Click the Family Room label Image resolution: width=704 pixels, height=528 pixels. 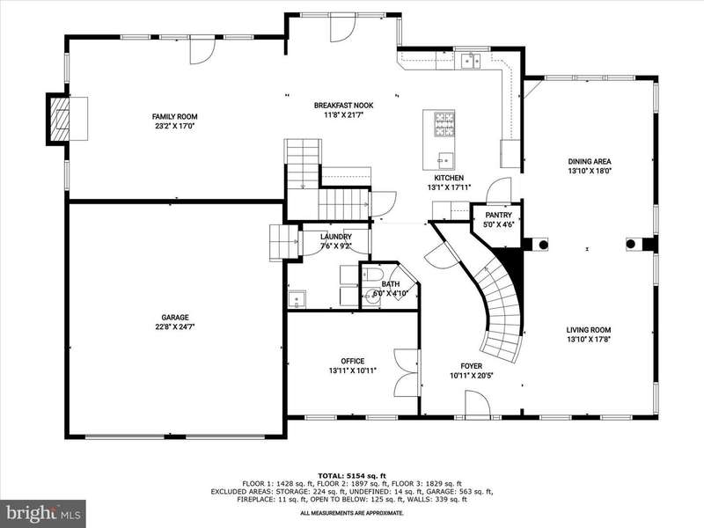coord(174,117)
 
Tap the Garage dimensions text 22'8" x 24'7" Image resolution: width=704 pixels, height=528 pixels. coord(174,326)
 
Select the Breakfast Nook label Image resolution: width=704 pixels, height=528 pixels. coord(343,106)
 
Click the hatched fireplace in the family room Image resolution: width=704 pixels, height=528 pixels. coord(59,119)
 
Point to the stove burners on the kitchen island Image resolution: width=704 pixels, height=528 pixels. coord(444,124)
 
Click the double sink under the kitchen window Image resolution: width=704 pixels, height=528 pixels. coord(471,60)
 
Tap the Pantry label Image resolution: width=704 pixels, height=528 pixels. coord(498,216)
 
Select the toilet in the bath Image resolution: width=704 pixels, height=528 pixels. coord(371,274)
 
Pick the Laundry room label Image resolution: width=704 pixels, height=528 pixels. coord(336,237)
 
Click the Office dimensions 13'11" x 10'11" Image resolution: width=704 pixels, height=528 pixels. coord(353,370)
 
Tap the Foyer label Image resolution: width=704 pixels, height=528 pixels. coord(472,366)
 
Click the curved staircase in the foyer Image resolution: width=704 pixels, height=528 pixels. coord(496,305)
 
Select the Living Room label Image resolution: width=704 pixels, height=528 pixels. coord(589,330)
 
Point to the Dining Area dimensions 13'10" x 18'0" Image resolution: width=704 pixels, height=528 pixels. coord(590,171)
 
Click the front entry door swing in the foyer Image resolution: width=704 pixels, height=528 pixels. coord(477,403)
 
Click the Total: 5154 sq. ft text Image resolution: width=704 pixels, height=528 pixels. coord(352,476)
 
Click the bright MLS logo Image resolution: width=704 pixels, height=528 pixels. coord(42,513)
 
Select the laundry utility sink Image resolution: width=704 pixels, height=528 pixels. coord(297,299)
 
